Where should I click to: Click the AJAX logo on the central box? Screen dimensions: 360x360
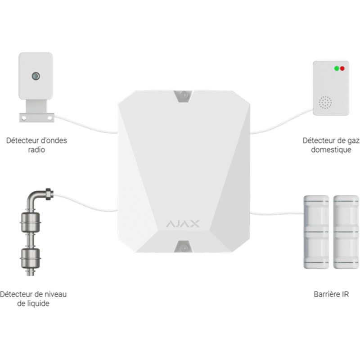tap(183, 223)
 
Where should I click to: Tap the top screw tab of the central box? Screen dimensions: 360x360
tap(183, 95)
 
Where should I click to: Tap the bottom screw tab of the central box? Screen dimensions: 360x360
tap(183, 246)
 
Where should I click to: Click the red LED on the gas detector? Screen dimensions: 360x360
tap(342, 69)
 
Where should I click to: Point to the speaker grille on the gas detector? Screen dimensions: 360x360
tap(325, 103)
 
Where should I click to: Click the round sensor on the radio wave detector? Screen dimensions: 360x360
tap(36, 76)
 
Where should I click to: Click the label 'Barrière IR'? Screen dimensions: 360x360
tap(331, 295)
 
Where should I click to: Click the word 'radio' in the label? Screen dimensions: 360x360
tap(36, 149)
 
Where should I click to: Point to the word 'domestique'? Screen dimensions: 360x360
tap(331, 149)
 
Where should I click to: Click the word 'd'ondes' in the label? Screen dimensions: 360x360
tap(55, 140)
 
